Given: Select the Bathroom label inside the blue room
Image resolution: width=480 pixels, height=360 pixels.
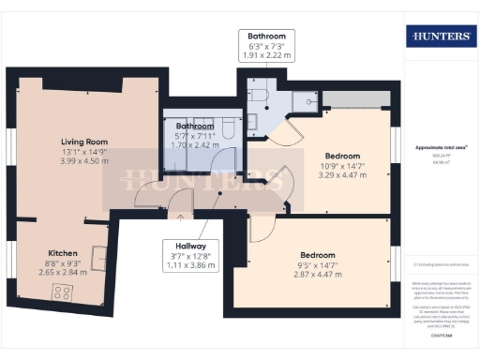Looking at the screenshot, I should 195,126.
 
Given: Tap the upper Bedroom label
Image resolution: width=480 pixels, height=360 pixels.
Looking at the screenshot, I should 341,155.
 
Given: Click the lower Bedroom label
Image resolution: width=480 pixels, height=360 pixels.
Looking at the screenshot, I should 317,255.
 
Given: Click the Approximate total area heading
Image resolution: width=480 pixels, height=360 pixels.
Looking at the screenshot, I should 442,148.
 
